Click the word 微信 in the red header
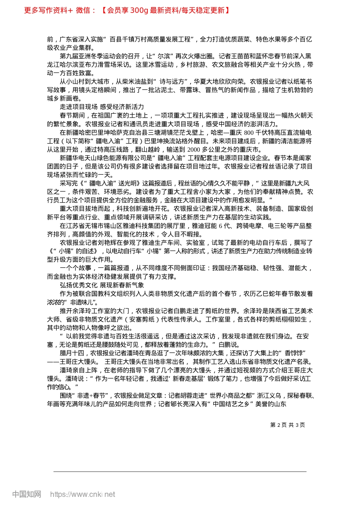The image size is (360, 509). (83, 10)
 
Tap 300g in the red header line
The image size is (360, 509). (139, 10)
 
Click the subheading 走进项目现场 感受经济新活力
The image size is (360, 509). (102, 107)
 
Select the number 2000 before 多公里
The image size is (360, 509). (194, 149)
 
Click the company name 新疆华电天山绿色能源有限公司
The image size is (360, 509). (104, 158)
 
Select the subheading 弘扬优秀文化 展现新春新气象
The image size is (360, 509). (102, 285)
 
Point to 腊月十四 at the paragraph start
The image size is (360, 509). (72, 353)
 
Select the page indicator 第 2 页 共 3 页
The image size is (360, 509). (288, 425)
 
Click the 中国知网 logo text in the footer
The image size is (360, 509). (27, 494)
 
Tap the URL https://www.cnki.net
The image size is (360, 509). (83, 494)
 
